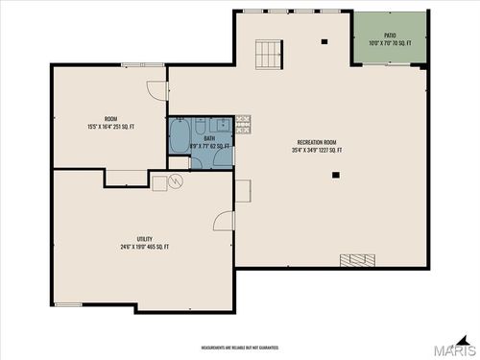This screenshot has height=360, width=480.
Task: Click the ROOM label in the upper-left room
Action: [x=110, y=119]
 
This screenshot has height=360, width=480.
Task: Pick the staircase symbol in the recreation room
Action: [x=269, y=55]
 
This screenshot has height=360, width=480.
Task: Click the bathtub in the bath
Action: [x=179, y=136]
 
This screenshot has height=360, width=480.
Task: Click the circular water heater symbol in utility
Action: [x=176, y=180]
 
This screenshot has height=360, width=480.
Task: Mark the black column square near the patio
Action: [x=324, y=41]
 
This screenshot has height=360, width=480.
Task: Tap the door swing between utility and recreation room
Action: [x=223, y=220]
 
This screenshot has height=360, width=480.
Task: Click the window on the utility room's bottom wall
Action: [x=67, y=305]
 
